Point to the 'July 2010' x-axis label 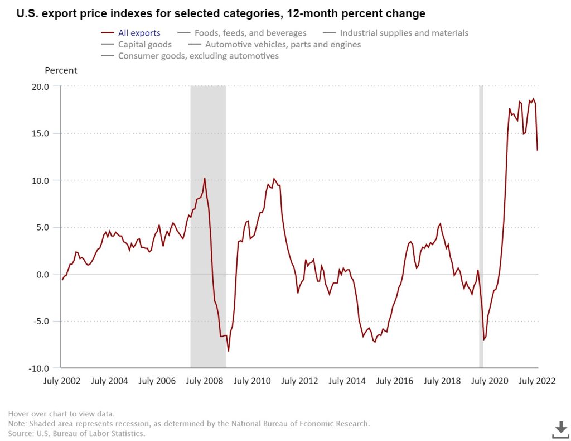pos(252,381)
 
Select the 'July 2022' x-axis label pos(536,381)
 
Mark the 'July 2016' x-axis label pos(395,381)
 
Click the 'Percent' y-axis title pos(61,70)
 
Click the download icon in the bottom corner pos(560,429)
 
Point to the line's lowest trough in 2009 pos(229,351)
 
